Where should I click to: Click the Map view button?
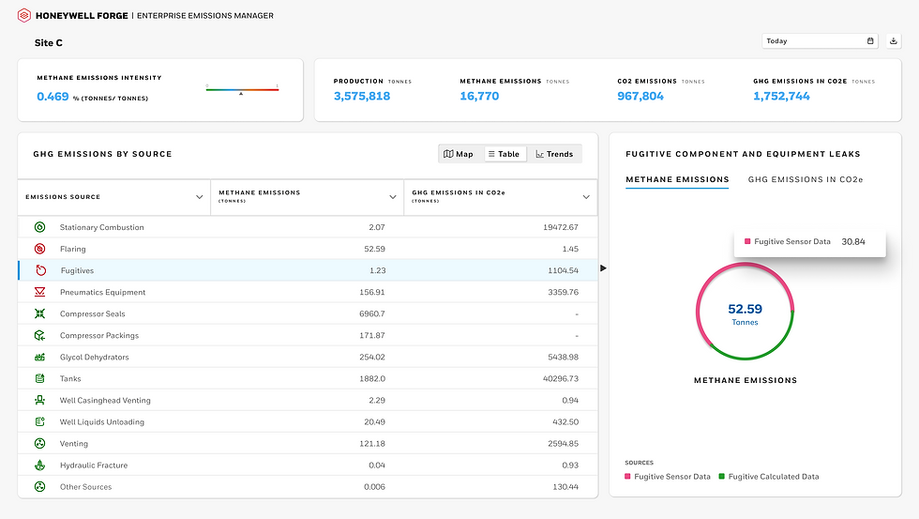coord(459,154)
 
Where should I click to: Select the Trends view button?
coord(554,154)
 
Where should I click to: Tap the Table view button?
coord(505,154)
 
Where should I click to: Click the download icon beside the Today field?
coord(893,41)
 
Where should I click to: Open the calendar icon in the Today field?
coord(870,41)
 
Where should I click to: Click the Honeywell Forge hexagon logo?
coord(24,15)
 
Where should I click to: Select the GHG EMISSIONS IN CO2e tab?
coord(806,179)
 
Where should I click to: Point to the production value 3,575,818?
coord(362,96)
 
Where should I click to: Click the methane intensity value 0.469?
coord(53,97)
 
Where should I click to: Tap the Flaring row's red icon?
coord(39,249)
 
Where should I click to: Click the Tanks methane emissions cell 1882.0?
coord(372,379)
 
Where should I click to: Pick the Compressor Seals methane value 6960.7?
coord(372,313)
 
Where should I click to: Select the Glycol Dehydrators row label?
coord(95,358)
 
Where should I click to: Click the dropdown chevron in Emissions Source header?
coord(199,197)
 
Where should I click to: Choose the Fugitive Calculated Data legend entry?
coord(769,477)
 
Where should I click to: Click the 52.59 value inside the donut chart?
coord(745,309)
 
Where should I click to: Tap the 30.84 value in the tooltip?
coord(853,241)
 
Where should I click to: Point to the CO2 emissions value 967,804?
coord(640,96)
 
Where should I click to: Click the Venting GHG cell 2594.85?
coord(564,444)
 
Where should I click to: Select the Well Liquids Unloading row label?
coord(102,422)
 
